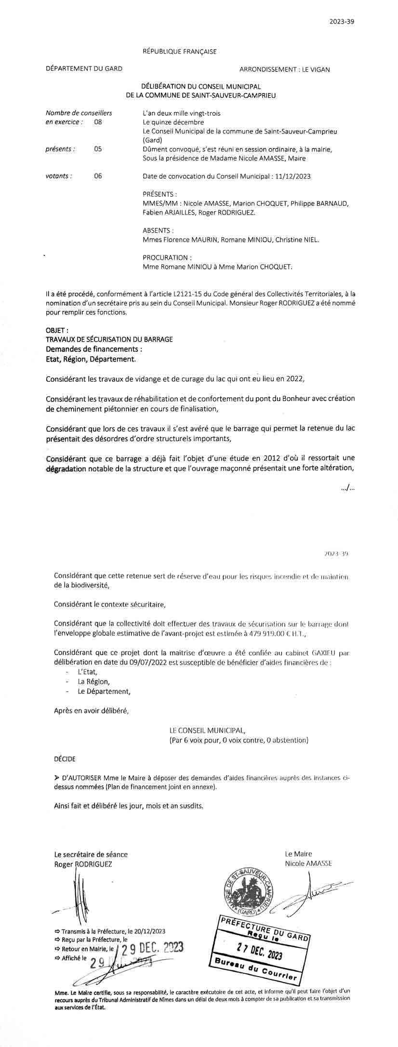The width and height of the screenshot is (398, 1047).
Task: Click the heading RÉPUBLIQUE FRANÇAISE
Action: coord(180,51)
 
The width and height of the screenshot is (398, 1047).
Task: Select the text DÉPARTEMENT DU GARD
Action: coord(84,69)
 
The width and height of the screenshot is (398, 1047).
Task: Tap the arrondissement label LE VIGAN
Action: coord(316,69)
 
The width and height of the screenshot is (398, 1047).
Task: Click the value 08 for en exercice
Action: coord(98,122)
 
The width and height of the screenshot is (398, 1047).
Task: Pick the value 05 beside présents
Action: coord(98,149)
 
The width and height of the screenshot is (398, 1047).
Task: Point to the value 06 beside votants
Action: coord(98,176)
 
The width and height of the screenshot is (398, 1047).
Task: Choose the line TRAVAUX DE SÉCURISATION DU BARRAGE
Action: coord(109,339)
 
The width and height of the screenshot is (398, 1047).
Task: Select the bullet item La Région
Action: coord(93,682)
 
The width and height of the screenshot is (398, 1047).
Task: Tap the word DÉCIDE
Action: coord(65,759)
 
